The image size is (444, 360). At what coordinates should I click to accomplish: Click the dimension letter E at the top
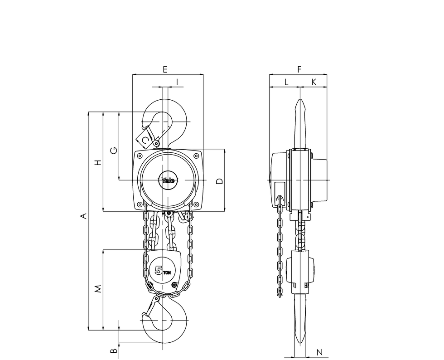tap(165, 69)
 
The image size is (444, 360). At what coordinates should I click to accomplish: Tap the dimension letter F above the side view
tap(299, 69)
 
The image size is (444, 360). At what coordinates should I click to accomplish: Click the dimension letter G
tap(114, 150)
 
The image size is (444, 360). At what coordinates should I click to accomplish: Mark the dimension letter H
tap(98, 162)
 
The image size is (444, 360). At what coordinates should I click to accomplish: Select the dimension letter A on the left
tap(83, 216)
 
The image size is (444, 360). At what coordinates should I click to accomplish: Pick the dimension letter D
tap(219, 181)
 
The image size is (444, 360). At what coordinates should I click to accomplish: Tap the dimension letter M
tap(98, 288)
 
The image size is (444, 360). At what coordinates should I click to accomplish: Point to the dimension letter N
tap(319, 352)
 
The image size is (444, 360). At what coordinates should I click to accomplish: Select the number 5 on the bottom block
tap(159, 271)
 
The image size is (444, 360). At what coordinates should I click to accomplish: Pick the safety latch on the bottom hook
tap(152, 306)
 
